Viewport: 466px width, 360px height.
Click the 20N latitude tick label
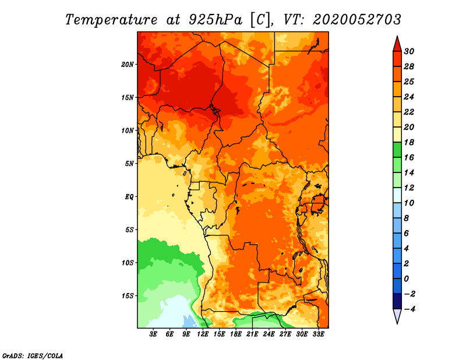point(127,65)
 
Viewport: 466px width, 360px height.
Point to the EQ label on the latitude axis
point(129,197)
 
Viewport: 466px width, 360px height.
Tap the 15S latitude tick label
point(127,296)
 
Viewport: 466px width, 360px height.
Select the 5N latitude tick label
point(129,164)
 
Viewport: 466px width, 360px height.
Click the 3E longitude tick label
point(153,334)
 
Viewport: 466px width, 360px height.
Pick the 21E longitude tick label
point(252,334)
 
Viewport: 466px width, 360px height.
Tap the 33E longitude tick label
point(318,334)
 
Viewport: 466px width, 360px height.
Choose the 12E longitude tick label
point(203,334)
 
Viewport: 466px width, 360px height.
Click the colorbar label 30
point(409,51)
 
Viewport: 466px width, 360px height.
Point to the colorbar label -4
point(409,309)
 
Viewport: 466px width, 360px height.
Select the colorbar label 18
point(409,142)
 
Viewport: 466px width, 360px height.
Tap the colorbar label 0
point(407,279)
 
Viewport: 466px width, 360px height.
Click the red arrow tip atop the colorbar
point(397,37)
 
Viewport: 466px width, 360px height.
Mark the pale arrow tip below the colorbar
point(397,323)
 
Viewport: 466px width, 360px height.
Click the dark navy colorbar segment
point(397,301)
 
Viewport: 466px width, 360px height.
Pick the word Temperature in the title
point(111,20)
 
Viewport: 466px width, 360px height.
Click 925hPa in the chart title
point(216,20)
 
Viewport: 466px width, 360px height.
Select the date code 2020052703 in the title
point(357,20)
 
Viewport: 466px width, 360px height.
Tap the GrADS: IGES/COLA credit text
point(33,356)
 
